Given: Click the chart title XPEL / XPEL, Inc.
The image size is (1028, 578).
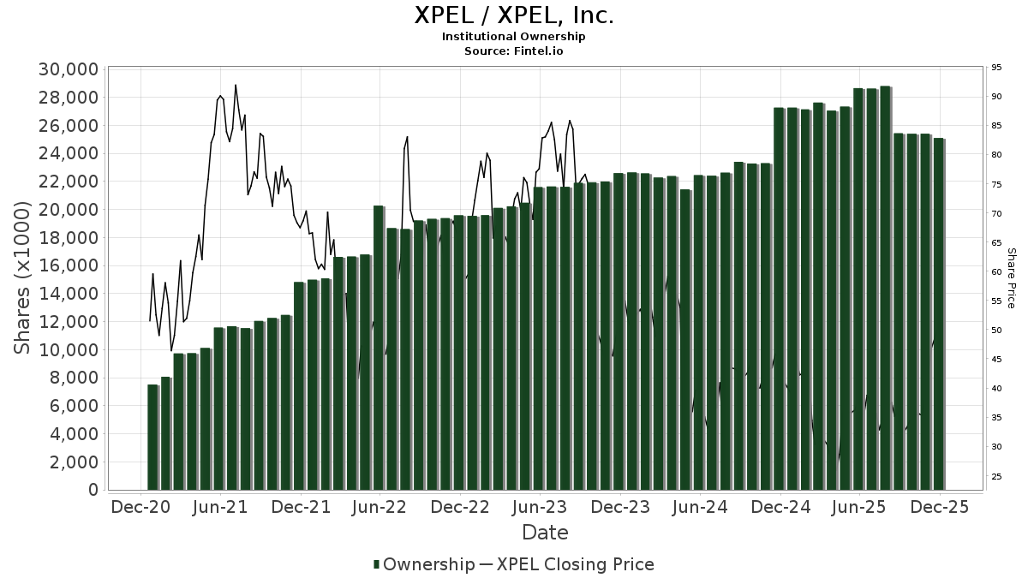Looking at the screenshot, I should point(514,15).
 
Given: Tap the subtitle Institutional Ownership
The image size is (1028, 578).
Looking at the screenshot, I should point(514,37).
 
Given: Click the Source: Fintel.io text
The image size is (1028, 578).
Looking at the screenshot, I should point(514,51).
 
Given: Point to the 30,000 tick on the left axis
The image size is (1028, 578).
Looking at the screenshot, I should point(67,69).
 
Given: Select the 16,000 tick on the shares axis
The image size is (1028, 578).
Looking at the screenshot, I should point(67,265).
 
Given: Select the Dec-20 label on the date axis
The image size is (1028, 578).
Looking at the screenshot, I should point(140,507).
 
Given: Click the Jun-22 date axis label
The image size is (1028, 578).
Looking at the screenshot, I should point(379,507).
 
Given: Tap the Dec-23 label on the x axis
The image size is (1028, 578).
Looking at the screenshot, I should point(619,507).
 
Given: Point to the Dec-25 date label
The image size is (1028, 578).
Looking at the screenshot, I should point(940,507).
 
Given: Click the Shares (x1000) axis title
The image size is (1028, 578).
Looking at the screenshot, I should point(23,278).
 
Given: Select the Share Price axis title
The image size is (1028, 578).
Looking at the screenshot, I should point(1012,278).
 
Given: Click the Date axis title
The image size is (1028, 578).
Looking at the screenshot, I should point(545,533).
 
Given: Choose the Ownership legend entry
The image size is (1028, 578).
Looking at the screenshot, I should point(424,564).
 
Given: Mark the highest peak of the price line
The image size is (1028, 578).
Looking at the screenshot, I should point(236,85).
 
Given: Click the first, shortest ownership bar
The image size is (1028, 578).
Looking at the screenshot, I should point(152,437).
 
